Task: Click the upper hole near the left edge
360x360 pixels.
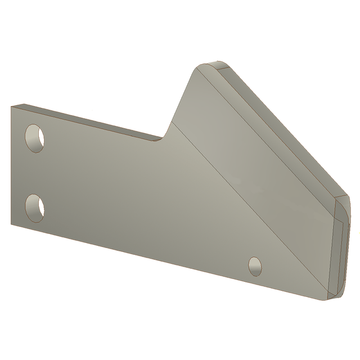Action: coord(35,137)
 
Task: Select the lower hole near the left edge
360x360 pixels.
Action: coord(35,207)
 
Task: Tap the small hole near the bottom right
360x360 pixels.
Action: coord(255,265)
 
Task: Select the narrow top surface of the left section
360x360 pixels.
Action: coord(84,120)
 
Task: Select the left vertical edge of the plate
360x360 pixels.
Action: coord(11,169)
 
